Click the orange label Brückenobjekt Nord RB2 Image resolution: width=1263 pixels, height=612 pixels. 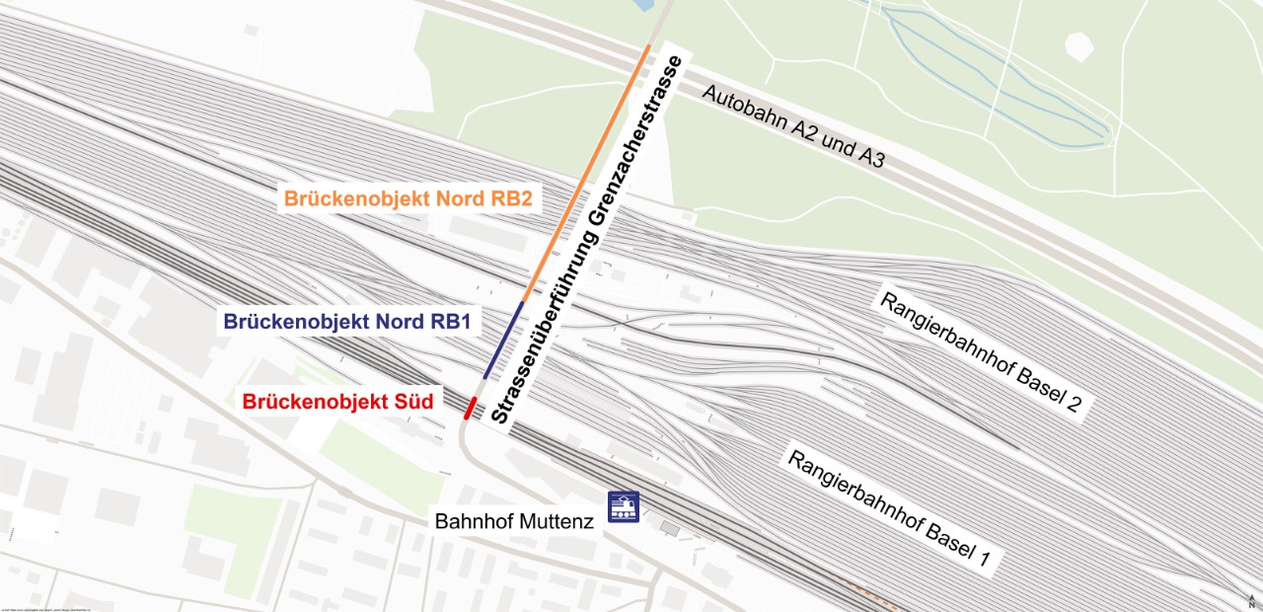(409, 199)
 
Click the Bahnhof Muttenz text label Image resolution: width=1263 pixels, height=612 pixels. (514, 521)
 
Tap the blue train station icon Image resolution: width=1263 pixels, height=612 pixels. (623, 508)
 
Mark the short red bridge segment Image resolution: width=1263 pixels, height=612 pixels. (471, 407)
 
